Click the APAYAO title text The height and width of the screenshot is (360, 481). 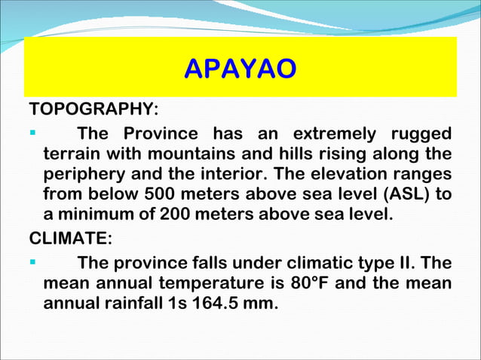point(240,69)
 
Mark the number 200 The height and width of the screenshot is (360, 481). point(176,214)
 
